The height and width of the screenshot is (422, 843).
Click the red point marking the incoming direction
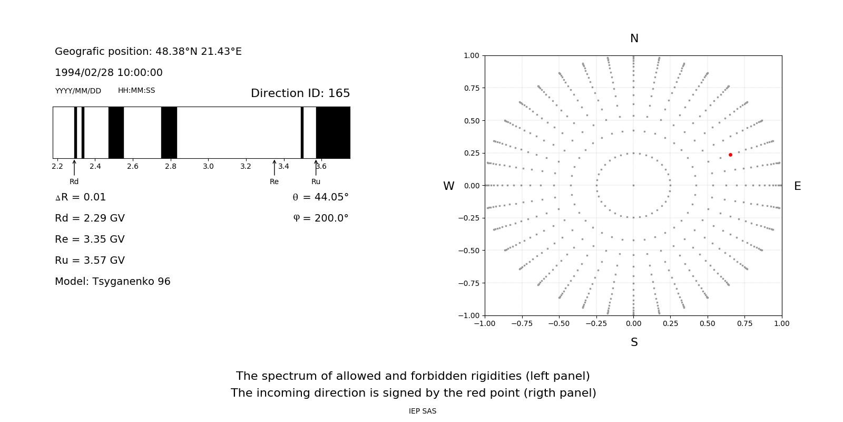(730, 155)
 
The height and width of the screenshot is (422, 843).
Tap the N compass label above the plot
(634, 39)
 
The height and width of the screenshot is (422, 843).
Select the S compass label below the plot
(634, 342)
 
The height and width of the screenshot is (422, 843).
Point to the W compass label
(448, 186)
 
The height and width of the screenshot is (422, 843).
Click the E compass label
(797, 186)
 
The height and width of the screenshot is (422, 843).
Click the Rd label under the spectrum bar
(74, 181)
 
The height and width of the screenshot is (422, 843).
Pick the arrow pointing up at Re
(274, 167)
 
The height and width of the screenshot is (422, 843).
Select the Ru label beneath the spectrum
(316, 181)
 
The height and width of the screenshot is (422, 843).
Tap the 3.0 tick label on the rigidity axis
(208, 166)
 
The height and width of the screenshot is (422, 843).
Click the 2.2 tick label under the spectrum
(57, 166)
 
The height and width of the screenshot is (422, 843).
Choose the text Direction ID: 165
(300, 93)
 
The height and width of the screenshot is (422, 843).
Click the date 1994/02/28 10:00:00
(109, 72)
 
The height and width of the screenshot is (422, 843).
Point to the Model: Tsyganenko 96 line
(113, 281)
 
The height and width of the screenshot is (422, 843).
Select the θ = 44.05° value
(320, 197)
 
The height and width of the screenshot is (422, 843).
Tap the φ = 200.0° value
(320, 218)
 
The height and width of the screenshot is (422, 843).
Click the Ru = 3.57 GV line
(90, 260)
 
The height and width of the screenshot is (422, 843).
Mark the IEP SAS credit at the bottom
(423, 411)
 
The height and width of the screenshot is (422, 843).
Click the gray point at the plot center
(633, 185)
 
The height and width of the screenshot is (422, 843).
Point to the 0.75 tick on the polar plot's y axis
(471, 88)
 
